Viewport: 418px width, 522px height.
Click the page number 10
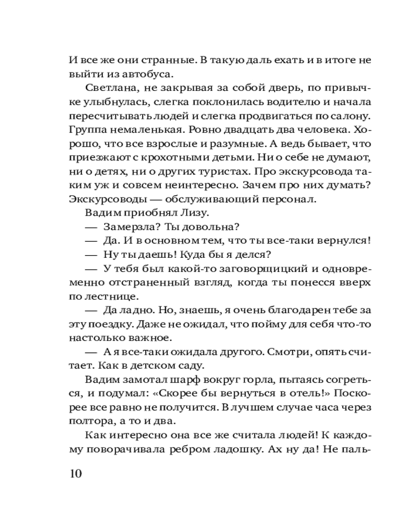[x=75, y=474]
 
